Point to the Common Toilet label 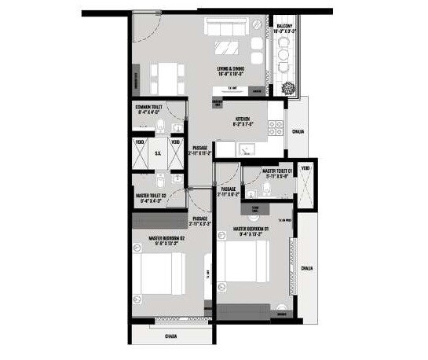(x=148, y=109)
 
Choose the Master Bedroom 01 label (x=252, y=230)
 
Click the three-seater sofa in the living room (x=229, y=26)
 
